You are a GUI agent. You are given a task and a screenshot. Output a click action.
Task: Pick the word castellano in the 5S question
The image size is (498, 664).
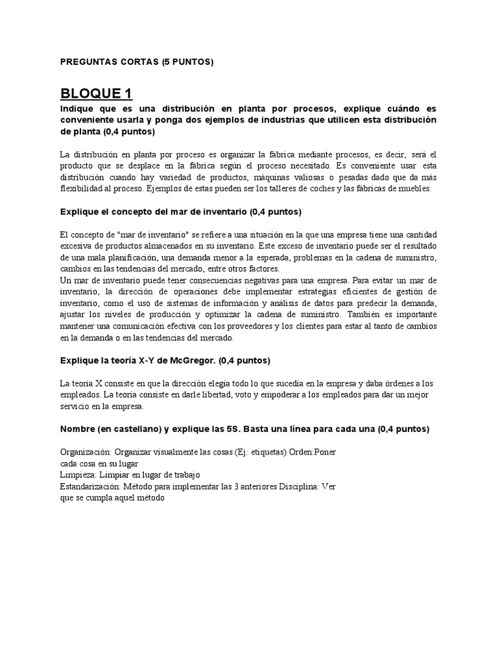pos(143,429)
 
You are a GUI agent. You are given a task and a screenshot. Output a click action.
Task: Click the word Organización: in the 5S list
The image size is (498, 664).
pos(87,452)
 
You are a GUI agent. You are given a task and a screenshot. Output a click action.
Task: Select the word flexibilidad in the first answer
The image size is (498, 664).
pos(82,188)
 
